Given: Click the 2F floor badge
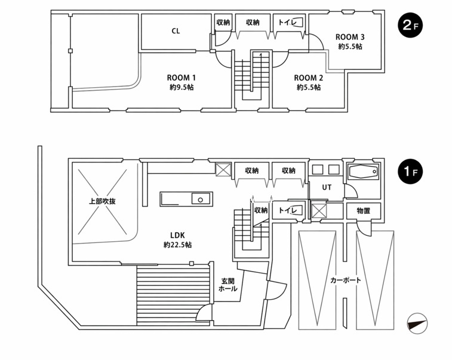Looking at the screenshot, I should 410,26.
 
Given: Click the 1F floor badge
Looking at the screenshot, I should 410,173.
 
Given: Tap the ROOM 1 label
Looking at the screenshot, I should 181,78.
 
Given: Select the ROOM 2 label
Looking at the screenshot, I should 308,78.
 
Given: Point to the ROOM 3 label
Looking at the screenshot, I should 350,36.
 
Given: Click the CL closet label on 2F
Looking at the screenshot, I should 176,31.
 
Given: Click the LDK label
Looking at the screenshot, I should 177,235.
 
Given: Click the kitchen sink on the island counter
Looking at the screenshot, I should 201,199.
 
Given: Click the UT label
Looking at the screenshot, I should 326,187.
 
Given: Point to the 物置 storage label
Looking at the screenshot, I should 363,211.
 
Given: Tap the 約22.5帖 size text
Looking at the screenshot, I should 177,245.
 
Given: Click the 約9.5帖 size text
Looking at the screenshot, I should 181,88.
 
